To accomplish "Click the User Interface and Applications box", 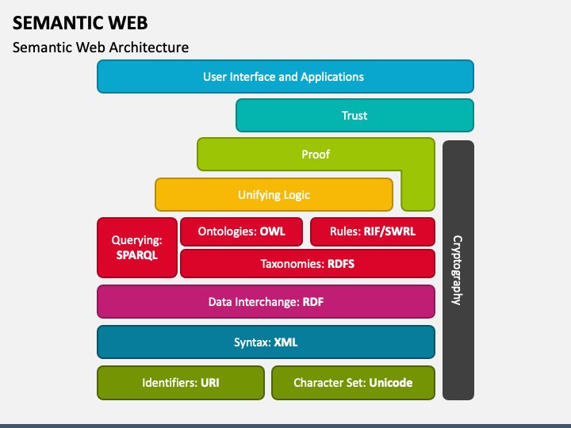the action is [x=285, y=76].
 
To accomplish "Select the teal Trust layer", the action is [x=354, y=116].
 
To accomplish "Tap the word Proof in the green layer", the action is [x=316, y=155].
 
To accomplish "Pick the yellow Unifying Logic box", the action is [x=274, y=195].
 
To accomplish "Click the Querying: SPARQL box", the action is [x=137, y=247].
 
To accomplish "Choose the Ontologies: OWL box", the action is [x=241, y=231].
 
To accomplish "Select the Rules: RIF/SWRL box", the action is [x=373, y=231].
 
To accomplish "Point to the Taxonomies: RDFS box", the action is [x=308, y=263].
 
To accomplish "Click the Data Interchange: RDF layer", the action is [x=266, y=302].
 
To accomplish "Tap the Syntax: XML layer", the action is [x=266, y=342].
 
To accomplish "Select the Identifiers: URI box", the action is [x=181, y=383].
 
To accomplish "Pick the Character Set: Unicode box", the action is [x=353, y=383].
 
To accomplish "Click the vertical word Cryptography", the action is [x=458, y=270].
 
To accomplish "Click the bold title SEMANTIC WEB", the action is [x=80, y=23].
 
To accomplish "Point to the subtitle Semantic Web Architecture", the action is [x=101, y=48].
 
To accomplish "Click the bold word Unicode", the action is [x=391, y=383].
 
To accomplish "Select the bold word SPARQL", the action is [x=137, y=255].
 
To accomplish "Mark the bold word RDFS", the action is [x=341, y=263].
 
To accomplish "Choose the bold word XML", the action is [x=285, y=342].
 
